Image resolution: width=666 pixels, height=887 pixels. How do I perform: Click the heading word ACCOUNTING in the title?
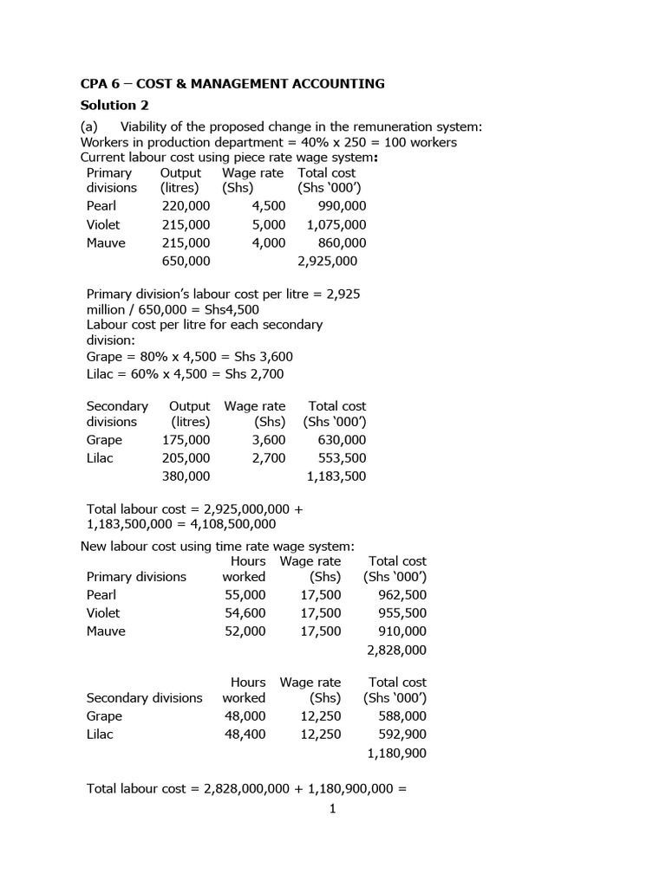[x=340, y=84]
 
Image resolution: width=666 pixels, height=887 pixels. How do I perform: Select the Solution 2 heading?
[x=108, y=106]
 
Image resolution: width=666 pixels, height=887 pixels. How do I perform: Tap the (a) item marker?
[x=90, y=127]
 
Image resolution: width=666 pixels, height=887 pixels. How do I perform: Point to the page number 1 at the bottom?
[x=332, y=809]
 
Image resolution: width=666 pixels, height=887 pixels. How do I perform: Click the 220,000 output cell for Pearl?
[x=186, y=206]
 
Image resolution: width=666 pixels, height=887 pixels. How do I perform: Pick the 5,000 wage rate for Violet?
[x=268, y=224]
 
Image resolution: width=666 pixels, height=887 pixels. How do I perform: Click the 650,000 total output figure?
[x=186, y=262]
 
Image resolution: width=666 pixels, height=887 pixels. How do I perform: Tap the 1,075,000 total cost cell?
[x=336, y=224]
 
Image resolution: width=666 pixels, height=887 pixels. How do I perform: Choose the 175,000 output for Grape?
[x=186, y=440]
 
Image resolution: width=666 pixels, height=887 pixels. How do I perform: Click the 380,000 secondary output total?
[x=186, y=476]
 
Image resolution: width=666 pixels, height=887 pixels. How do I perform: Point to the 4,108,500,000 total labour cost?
[x=225, y=524]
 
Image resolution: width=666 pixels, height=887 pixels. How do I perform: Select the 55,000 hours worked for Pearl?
[x=245, y=595]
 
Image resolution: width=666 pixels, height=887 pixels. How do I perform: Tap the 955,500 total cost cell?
[x=402, y=613]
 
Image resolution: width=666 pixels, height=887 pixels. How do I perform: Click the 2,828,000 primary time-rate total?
[x=397, y=650]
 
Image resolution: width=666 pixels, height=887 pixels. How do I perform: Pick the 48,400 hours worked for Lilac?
[x=245, y=735]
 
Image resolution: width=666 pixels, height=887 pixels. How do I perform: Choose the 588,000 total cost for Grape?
[x=402, y=716]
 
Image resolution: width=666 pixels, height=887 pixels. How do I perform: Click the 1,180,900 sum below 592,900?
[x=397, y=754]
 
